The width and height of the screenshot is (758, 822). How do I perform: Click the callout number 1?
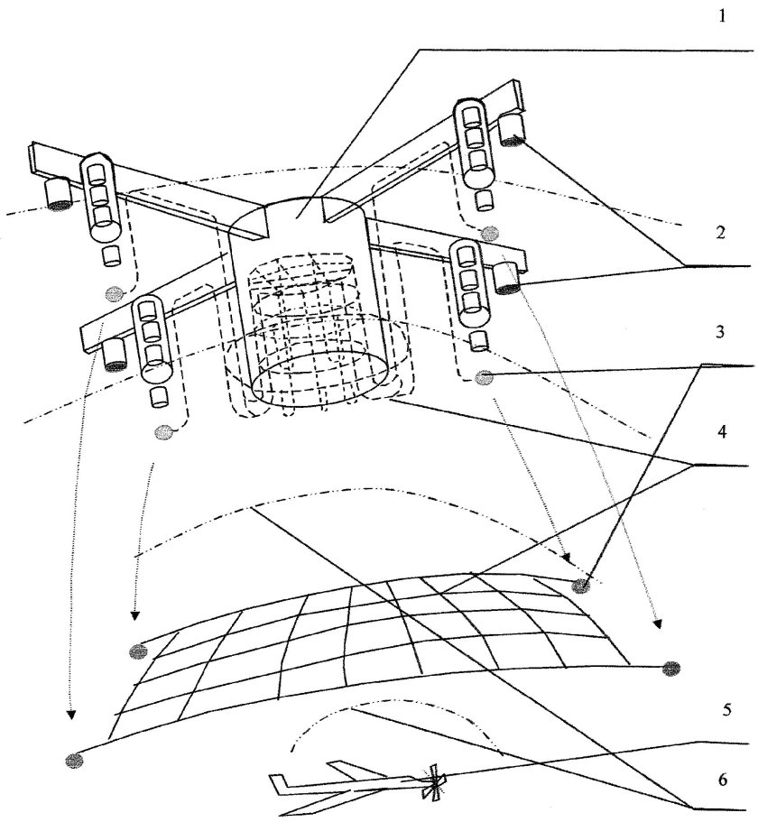point(723,16)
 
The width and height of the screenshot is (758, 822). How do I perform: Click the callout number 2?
point(721,232)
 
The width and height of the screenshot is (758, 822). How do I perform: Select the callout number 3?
point(720,332)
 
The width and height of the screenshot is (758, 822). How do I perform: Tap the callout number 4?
point(722,432)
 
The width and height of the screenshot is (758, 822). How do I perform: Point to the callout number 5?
point(726,710)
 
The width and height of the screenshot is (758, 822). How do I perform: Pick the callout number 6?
point(723,780)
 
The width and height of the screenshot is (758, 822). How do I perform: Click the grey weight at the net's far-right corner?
point(671,669)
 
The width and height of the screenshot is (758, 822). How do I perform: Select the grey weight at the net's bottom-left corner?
point(74,760)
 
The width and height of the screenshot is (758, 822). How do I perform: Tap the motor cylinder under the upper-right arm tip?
point(512,129)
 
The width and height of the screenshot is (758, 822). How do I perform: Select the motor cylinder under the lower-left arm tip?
point(116,355)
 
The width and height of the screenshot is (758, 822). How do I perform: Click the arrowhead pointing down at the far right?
point(656,623)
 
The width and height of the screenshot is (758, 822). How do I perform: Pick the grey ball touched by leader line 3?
point(484,377)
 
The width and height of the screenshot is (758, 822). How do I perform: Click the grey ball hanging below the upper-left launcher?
point(114,294)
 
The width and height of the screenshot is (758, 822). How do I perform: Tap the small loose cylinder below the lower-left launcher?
point(159,397)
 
